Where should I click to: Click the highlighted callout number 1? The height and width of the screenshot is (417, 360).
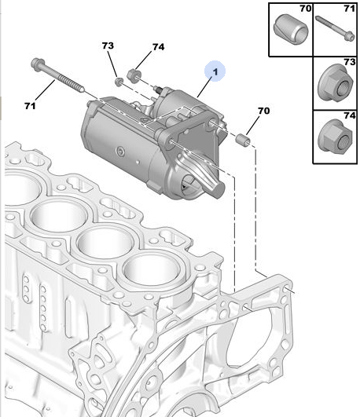(215, 71)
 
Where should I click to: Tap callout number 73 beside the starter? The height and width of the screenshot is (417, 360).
(108, 46)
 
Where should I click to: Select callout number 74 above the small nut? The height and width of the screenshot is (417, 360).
(159, 47)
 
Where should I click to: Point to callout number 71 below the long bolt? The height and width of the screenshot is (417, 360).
(30, 106)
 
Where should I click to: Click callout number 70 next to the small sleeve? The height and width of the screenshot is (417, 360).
(263, 111)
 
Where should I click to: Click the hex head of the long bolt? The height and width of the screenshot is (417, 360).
(37, 64)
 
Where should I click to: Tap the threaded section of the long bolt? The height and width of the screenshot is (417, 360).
(71, 83)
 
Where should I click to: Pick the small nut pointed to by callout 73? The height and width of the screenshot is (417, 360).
(119, 81)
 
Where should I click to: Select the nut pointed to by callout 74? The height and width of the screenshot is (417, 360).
(133, 75)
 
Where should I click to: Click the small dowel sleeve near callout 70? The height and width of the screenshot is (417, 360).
(243, 140)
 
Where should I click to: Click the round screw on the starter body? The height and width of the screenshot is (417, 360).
(120, 152)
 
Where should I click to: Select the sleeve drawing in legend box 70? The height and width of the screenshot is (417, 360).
(291, 30)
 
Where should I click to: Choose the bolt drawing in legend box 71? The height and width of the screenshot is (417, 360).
(335, 28)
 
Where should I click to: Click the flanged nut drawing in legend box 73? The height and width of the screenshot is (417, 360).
(336, 83)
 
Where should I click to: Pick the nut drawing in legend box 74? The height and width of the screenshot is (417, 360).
(336, 136)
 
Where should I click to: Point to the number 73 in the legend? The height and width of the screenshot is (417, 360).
(350, 62)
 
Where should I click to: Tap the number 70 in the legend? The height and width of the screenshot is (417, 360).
(306, 9)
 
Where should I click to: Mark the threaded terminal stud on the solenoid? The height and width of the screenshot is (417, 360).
(159, 90)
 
